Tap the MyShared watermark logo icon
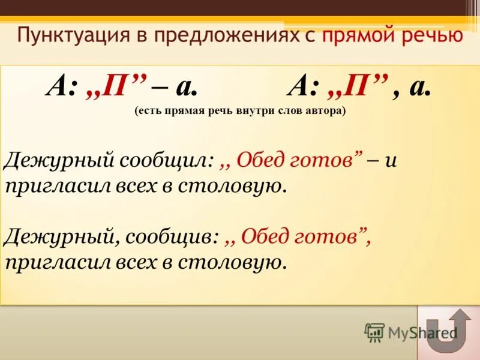pos(374,331)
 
